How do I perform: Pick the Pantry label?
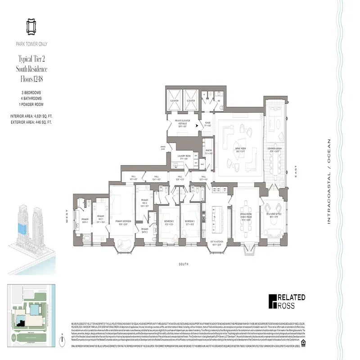pos(208,152)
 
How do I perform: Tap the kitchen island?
pos(215,216)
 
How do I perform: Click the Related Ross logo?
pos(287,301)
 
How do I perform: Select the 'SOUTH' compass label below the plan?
pos(183,264)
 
